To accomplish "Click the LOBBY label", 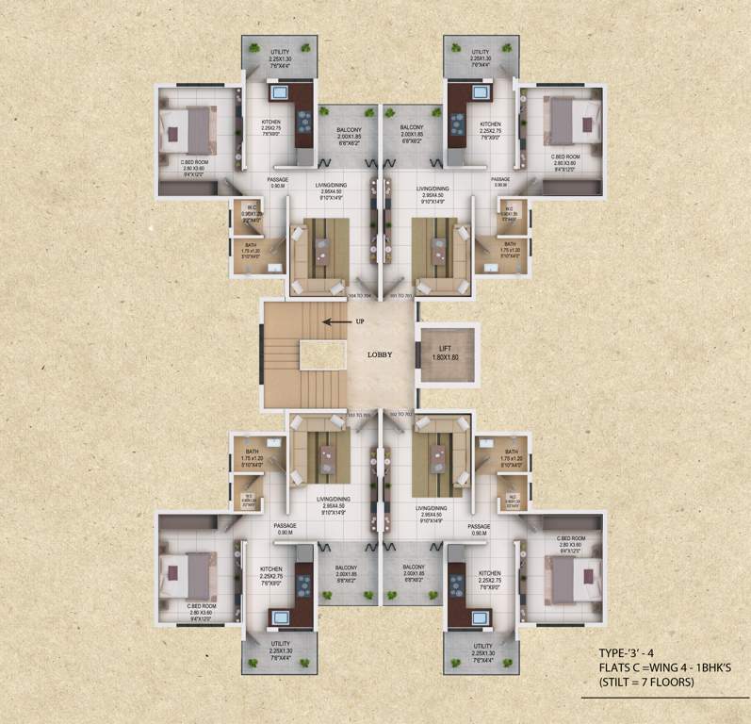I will tap(380, 355).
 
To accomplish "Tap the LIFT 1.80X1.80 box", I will tap(446, 354).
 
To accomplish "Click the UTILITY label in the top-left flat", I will tap(279, 52).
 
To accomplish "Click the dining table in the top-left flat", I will tap(320, 250).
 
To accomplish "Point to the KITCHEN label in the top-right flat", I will tap(490, 124).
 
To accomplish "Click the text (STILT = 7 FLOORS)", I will tap(648, 682).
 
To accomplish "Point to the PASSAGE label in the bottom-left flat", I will tap(285, 526).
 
